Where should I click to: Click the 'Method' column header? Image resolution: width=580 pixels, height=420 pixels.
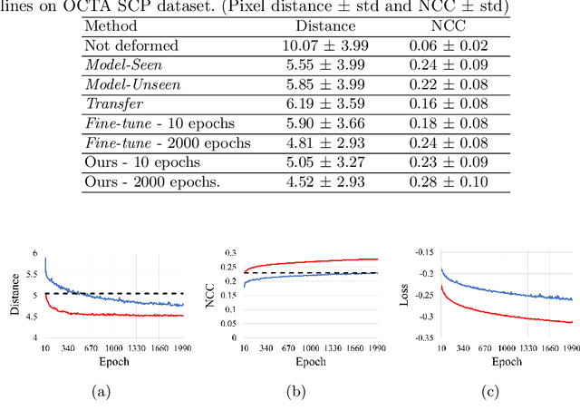pyautogui.click(x=111, y=27)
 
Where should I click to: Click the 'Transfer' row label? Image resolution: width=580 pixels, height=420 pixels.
pyautogui.click(x=111, y=103)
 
